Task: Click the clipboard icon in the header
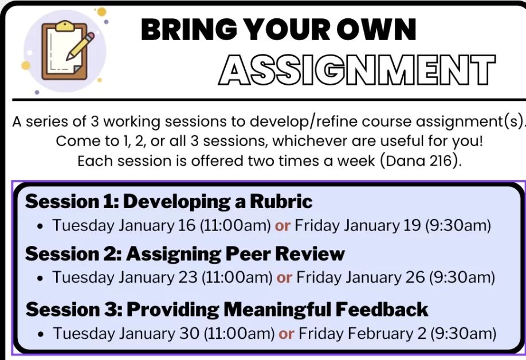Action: coord(64,51)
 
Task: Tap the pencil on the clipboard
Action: coord(80,46)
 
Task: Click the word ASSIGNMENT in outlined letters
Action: coord(357,71)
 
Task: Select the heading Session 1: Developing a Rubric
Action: coord(168,202)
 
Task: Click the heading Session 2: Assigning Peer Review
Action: coord(185,253)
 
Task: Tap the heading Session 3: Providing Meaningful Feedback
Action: coord(227,309)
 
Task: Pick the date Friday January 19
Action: coord(358,225)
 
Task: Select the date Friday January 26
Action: coord(359,277)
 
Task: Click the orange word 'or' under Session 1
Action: coord(282,225)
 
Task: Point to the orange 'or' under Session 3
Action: coord(286,333)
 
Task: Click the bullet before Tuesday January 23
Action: coord(40,279)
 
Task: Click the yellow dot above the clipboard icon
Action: coord(101,11)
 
